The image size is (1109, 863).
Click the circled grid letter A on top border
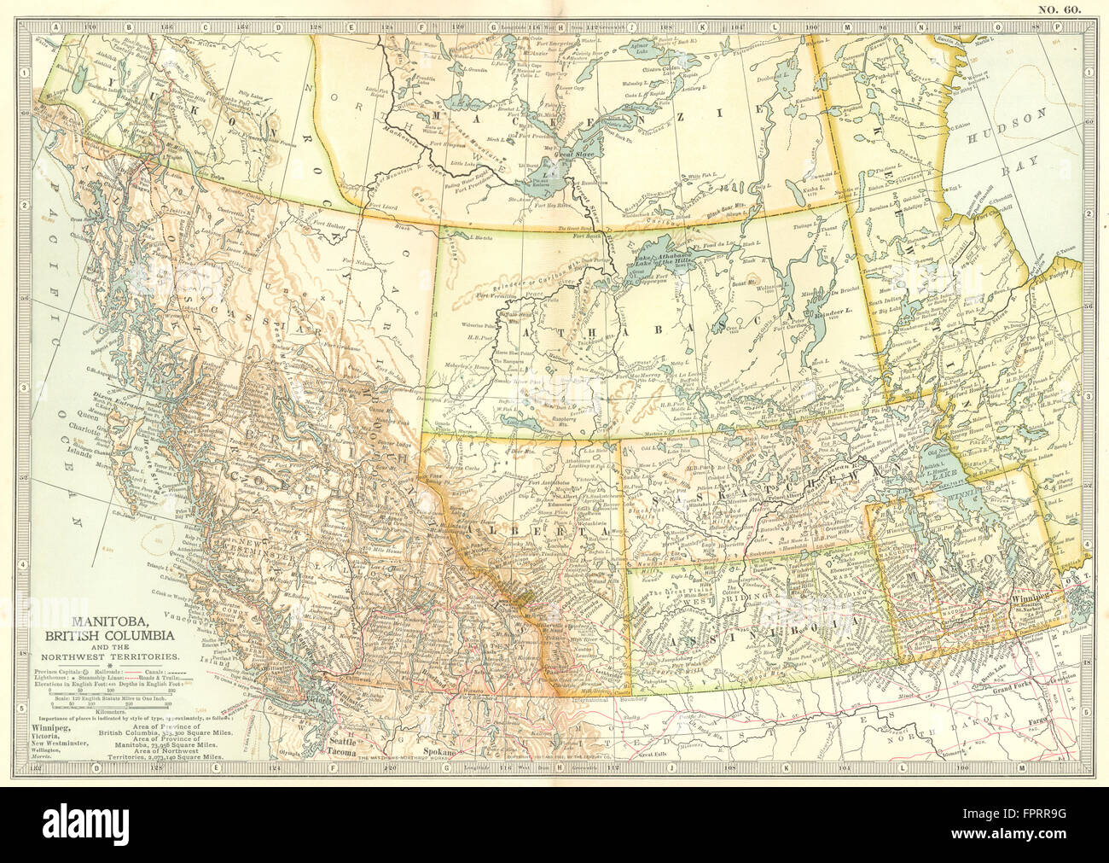56,26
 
